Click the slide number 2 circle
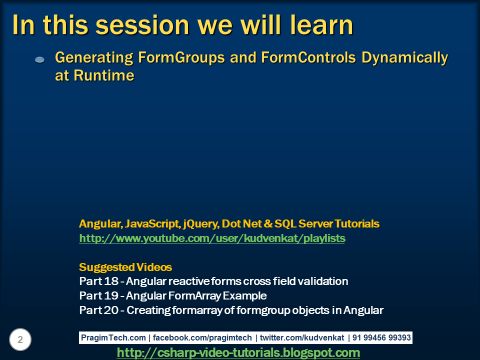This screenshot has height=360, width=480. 20,339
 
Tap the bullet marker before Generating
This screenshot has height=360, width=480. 40,59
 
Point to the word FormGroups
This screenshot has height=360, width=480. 181,57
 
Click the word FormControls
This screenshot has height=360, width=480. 308,57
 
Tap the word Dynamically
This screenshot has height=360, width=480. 404,58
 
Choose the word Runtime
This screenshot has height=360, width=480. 104,75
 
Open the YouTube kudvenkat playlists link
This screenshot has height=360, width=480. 212,238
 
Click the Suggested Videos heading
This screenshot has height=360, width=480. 125,267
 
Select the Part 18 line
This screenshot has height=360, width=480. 213,281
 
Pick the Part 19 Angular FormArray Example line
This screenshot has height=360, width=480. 173,295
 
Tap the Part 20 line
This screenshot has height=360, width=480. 231,310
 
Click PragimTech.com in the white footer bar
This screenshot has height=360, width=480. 113,337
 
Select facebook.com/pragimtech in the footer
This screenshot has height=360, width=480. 202,337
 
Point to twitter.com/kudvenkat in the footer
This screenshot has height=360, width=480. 302,337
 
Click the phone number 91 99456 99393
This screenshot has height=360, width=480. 381,337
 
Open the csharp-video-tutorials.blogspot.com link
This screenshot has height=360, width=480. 238,352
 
